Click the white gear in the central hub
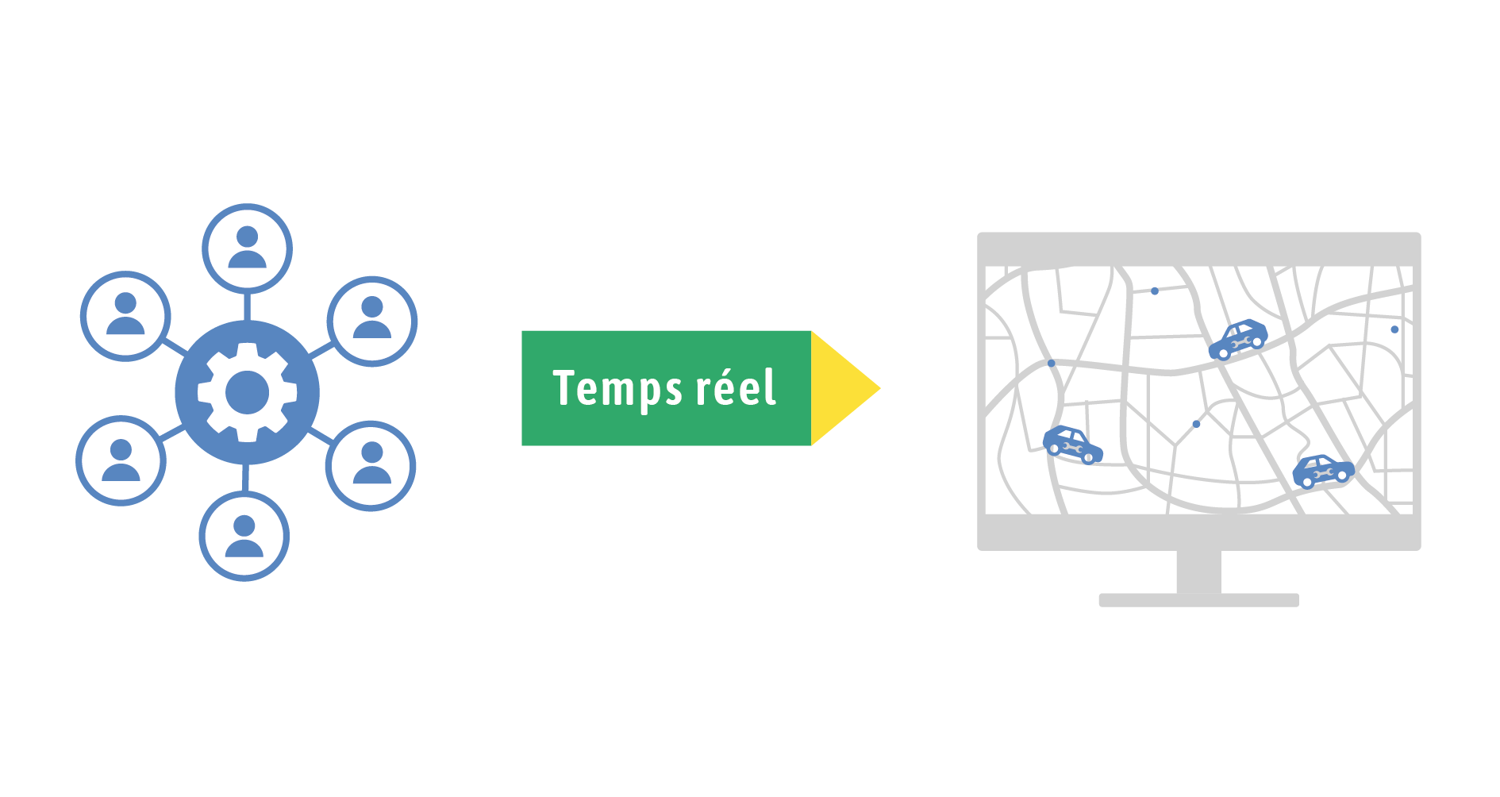[247, 392]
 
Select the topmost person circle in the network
[247, 248]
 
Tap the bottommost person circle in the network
[244, 537]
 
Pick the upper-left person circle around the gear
[125, 316]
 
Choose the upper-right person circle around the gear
[371, 321]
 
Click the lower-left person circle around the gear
[121, 460]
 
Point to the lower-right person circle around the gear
[371, 465]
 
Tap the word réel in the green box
[736, 388]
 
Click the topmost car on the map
[1237, 339]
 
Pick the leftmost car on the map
[1072, 445]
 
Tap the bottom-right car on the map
[1322, 471]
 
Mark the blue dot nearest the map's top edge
[1155, 291]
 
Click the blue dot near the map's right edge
[1394, 329]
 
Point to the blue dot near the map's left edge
[1052, 364]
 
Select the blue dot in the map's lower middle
[1196, 424]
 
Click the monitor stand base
[1198, 600]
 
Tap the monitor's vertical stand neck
[1198, 572]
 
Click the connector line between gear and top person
[247, 306]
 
